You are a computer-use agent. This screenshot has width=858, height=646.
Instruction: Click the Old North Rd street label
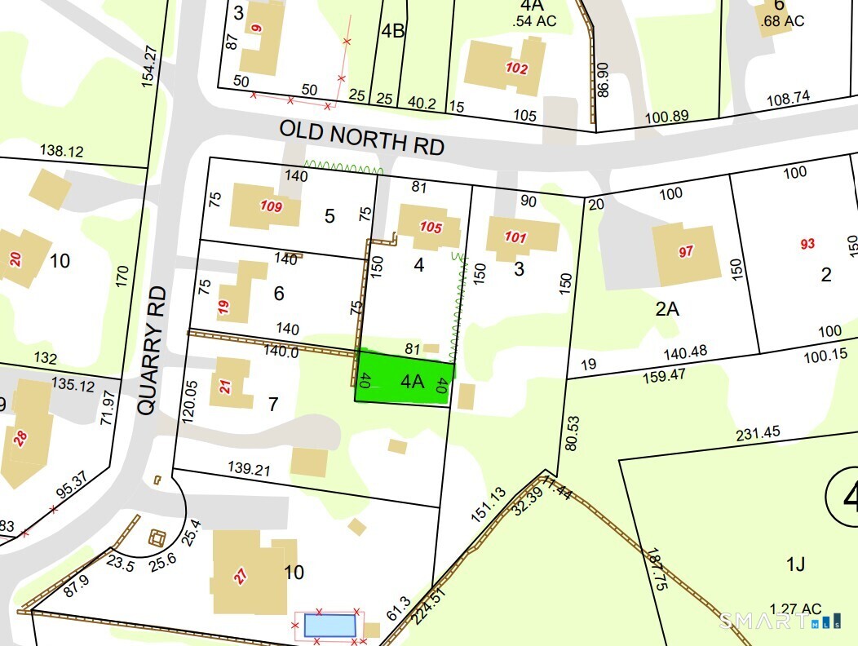tap(361, 137)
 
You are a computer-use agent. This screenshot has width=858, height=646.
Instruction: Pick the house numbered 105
tap(427, 227)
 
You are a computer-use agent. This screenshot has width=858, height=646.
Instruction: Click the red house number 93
tap(807, 244)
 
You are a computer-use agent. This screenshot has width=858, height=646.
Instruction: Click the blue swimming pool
tap(329, 626)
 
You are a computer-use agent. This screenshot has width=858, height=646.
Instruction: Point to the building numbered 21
tap(228, 384)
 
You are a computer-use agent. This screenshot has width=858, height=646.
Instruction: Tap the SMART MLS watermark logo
tap(779, 622)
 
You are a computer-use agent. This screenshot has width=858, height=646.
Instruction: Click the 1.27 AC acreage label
tap(795, 608)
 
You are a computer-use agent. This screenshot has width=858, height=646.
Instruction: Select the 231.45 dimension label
tap(758, 433)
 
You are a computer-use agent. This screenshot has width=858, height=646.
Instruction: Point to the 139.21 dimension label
tap(250, 470)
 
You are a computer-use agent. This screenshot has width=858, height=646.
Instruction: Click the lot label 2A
tap(668, 308)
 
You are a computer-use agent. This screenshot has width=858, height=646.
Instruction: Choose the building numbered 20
tap(18, 259)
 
